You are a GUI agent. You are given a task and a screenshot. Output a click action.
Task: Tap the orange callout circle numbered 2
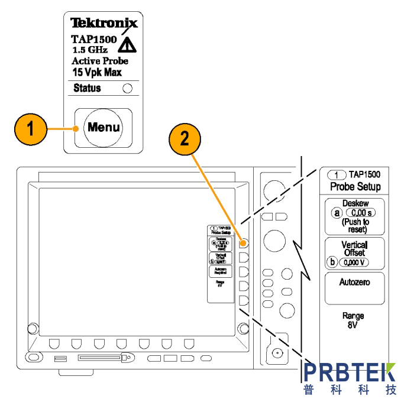tap(185, 139)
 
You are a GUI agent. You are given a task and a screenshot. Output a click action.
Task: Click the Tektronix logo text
tap(104, 24)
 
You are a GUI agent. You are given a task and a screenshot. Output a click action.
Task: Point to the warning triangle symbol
tap(126, 46)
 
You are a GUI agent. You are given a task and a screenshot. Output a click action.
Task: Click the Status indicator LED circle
tap(127, 89)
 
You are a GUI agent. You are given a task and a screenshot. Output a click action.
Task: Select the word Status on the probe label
tap(87, 89)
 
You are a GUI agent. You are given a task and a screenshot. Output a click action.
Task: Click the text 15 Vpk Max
tap(97, 72)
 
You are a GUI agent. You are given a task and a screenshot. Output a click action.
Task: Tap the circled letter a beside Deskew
tap(337, 212)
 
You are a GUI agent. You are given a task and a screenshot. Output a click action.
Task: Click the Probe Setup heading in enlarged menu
tap(355, 187)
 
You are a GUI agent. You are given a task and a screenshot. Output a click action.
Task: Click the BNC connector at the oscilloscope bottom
tap(276, 353)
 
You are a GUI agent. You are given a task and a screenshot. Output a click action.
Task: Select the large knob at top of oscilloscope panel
tap(274, 190)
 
